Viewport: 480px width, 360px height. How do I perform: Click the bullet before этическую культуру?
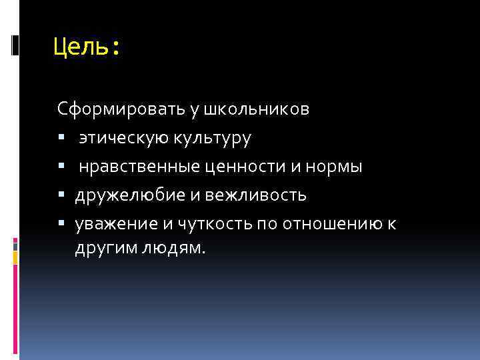(61, 139)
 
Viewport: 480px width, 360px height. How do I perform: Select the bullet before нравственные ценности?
(61, 167)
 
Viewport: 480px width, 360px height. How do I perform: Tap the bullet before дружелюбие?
(61, 196)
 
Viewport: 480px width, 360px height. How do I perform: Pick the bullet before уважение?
(61, 225)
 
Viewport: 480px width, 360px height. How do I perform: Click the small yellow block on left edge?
(15, 256)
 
